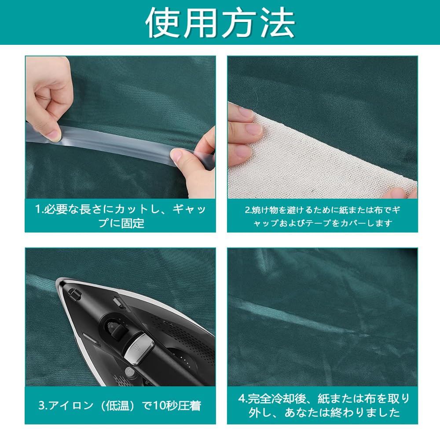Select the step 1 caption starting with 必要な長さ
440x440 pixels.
point(120,215)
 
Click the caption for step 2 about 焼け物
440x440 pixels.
point(322,216)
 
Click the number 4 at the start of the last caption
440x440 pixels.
point(241,399)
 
